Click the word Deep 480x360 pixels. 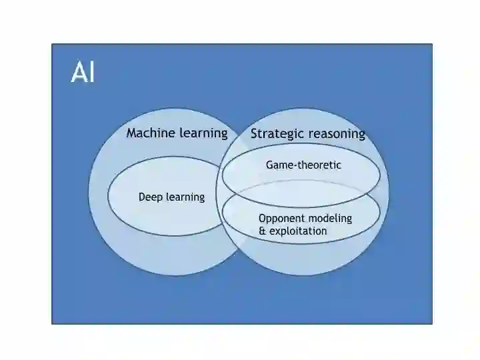[150, 197]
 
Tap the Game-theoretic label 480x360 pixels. [303, 165]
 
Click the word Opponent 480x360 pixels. [281, 219]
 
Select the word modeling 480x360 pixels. [329, 219]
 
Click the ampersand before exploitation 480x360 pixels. [262, 231]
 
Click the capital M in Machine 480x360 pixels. [131, 133]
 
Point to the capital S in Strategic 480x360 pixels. [254, 134]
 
